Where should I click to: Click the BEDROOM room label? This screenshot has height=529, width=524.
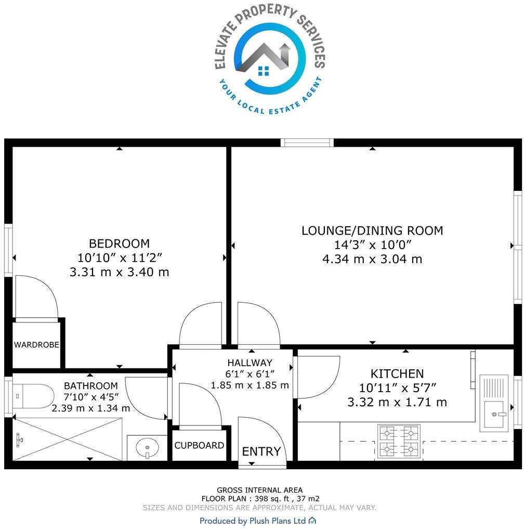119,243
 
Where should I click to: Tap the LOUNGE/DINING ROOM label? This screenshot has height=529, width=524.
372,230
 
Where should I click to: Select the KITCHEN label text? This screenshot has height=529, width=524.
397,373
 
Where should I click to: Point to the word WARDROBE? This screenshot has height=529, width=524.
36,345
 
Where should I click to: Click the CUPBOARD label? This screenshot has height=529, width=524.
199,446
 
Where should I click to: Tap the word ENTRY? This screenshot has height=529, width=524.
261,451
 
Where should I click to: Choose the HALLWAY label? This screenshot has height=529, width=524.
250,363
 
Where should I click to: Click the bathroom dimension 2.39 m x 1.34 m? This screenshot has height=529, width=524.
91,408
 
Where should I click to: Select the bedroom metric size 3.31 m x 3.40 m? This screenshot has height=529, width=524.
119,272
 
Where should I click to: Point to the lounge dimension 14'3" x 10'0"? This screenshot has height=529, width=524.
372,245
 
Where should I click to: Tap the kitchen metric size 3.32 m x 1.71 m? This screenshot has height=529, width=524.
397,402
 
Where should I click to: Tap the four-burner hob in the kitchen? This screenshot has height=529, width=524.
399,441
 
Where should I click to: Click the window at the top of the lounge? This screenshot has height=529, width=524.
307,143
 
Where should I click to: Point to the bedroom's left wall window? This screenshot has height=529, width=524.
8,250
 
